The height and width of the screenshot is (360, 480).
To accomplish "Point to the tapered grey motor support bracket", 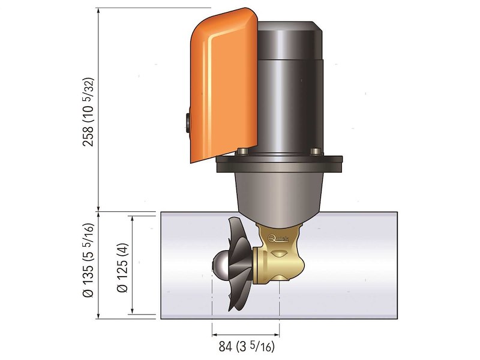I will [276, 192].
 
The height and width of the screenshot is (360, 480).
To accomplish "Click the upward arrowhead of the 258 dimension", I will [97, 11].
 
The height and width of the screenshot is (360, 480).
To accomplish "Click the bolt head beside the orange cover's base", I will [241, 151].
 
